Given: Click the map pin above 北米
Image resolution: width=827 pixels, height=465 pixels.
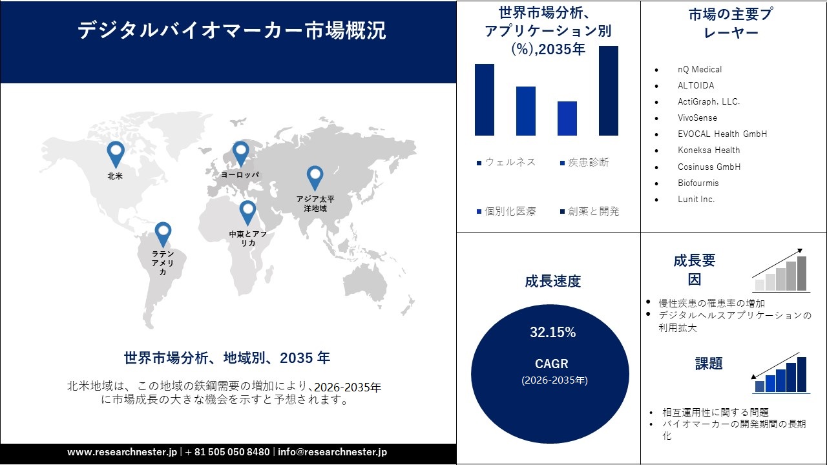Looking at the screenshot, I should (x=116, y=153).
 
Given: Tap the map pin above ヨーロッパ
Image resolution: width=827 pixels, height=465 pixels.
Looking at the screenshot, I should (x=240, y=153).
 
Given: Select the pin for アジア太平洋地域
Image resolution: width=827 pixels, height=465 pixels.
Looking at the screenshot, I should (x=315, y=177).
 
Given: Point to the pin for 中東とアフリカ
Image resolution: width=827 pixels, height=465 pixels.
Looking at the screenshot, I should (x=247, y=212).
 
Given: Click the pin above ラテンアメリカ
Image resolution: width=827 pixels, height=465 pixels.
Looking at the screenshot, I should (x=163, y=233).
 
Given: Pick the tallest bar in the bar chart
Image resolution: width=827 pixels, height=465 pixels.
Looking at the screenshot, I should (x=608, y=90).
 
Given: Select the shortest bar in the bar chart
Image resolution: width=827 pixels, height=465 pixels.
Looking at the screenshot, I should (x=567, y=118).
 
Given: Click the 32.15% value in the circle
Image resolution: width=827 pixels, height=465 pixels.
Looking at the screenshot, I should (x=552, y=333).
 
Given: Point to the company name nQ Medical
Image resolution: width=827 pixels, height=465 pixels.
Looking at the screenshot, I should (x=700, y=69).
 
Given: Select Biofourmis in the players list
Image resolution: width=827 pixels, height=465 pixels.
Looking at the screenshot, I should (x=698, y=183).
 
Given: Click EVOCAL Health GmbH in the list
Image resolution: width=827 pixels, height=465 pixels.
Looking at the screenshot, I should (x=722, y=134).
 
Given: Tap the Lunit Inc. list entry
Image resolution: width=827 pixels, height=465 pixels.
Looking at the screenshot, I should (x=696, y=199).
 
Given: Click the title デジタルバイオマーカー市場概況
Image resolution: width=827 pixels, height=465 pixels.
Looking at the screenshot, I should (x=232, y=31).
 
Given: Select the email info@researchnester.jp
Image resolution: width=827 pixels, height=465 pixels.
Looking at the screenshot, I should (x=332, y=452).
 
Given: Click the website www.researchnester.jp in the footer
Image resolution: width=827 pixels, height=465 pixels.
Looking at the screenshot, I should (x=121, y=452).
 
